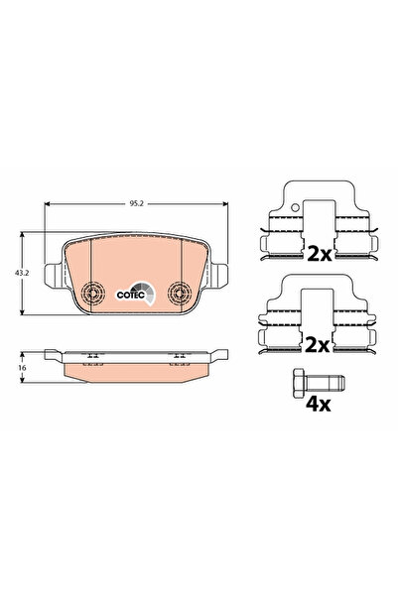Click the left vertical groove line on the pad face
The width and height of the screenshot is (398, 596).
(89, 268)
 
